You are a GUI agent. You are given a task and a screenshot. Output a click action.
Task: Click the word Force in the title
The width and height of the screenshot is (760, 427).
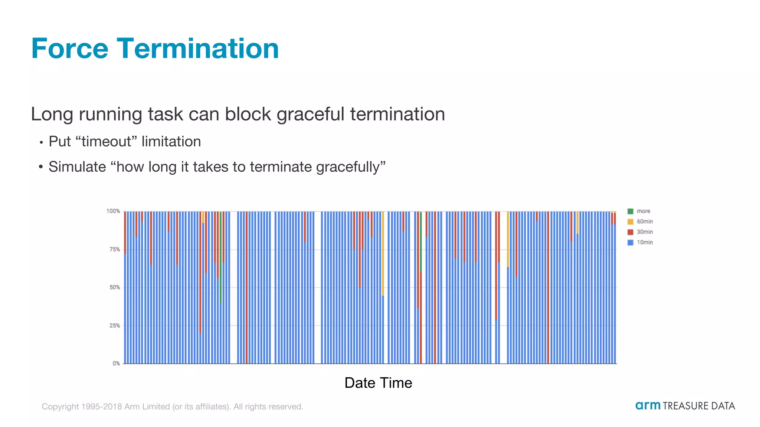(x=70, y=49)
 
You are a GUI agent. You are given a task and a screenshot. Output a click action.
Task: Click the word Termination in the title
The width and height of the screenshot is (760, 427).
(x=198, y=49)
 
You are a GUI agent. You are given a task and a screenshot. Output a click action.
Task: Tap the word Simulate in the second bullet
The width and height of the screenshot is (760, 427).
(x=77, y=167)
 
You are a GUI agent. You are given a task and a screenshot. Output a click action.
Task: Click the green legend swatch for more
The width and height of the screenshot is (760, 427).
(x=630, y=211)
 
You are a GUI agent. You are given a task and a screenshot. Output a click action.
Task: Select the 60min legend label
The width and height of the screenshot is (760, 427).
(x=645, y=222)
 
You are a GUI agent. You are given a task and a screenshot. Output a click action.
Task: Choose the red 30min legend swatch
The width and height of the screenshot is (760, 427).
(x=630, y=232)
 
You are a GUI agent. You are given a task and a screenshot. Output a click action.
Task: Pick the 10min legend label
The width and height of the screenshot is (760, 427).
(x=645, y=242)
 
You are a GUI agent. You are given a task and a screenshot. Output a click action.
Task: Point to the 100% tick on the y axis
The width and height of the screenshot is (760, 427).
(x=113, y=211)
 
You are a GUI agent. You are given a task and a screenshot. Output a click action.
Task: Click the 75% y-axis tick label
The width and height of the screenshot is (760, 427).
(x=115, y=249)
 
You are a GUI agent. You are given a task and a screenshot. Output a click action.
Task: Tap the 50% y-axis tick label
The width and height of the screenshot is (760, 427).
(x=115, y=288)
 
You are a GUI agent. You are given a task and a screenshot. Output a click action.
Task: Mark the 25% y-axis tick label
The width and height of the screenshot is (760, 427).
(x=115, y=326)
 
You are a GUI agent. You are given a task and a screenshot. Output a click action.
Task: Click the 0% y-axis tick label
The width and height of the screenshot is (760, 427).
(x=116, y=364)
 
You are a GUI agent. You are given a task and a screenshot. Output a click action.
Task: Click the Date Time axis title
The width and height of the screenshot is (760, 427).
(x=378, y=383)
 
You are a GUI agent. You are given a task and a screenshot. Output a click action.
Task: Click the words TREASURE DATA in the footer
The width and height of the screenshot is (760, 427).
(x=699, y=406)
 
